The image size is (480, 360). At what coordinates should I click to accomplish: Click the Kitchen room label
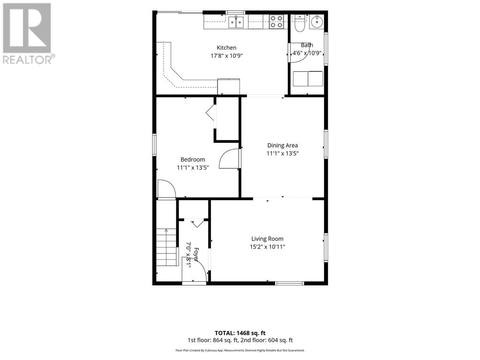click(226, 48)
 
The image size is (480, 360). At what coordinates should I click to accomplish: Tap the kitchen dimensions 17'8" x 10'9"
click(226, 56)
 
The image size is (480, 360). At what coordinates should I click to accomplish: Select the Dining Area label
click(283, 145)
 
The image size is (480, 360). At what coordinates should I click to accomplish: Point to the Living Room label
click(267, 239)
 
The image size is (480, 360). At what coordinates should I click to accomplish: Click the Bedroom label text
click(193, 159)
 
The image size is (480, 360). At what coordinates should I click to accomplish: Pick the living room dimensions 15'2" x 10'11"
click(267, 247)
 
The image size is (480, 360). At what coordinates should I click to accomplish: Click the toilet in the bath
click(300, 23)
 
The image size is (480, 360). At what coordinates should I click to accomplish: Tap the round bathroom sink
click(316, 22)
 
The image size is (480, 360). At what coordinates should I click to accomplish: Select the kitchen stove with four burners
click(277, 22)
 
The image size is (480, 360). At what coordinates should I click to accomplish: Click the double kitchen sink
click(236, 22)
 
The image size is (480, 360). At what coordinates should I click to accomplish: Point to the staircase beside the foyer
click(167, 247)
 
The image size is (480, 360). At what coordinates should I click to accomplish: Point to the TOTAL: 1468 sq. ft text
click(240, 333)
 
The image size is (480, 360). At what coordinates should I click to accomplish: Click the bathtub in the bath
click(308, 79)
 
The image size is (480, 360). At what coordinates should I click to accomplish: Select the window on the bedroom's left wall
click(154, 145)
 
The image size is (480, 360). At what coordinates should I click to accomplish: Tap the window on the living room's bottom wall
click(290, 284)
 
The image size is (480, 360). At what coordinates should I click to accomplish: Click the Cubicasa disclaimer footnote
click(240, 351)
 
